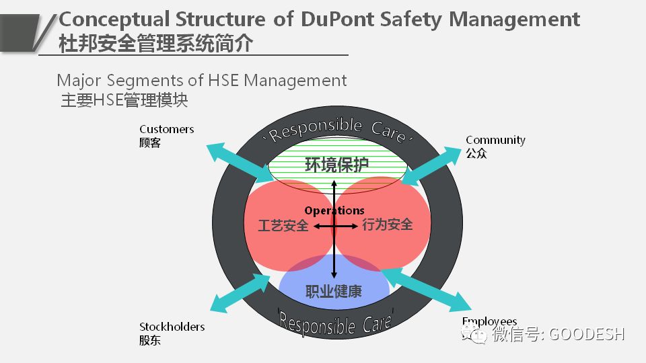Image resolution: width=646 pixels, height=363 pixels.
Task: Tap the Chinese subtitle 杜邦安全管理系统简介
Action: [156, 44]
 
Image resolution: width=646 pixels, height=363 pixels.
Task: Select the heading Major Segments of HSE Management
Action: [202, 81]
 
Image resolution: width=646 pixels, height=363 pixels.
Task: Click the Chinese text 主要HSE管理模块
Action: [124, 101]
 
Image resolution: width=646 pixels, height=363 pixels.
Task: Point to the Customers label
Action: [167, 129]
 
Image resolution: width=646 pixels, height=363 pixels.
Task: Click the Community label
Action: [495, 140]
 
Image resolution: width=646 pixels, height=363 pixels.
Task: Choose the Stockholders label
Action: [172, 327]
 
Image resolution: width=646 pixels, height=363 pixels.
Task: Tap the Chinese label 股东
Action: [150, 340]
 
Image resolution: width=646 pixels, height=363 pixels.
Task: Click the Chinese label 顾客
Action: [150, 143]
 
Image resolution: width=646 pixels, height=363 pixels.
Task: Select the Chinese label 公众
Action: [476, 153]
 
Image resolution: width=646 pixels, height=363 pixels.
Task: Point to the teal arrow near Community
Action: [431, 165]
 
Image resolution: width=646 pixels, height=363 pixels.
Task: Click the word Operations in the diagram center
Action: [334, 210]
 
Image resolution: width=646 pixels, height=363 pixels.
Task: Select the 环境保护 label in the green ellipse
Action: [336, 165]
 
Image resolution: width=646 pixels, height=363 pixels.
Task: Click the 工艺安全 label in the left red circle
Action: [283, 226]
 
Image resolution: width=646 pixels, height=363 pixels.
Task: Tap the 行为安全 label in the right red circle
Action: [388, 224]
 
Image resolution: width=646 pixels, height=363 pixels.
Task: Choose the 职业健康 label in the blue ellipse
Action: [334, 291]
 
